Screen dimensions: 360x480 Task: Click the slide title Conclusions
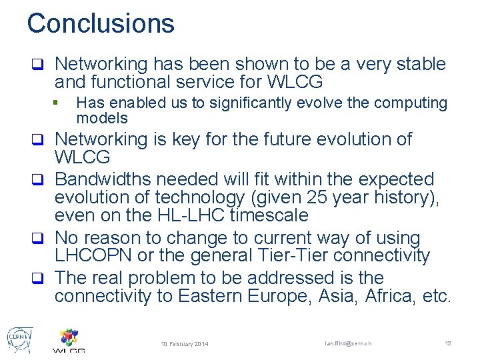(101, 23)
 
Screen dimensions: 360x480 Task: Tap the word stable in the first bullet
(423, 65)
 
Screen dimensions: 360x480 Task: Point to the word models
(102, 119)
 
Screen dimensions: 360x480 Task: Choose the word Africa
(393, 296)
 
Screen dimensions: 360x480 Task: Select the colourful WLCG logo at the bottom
(69, 339)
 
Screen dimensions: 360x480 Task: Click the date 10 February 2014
(185, 344)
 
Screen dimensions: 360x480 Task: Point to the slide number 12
(448, 343)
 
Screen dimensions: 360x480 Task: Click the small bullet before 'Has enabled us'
(59, 103)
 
